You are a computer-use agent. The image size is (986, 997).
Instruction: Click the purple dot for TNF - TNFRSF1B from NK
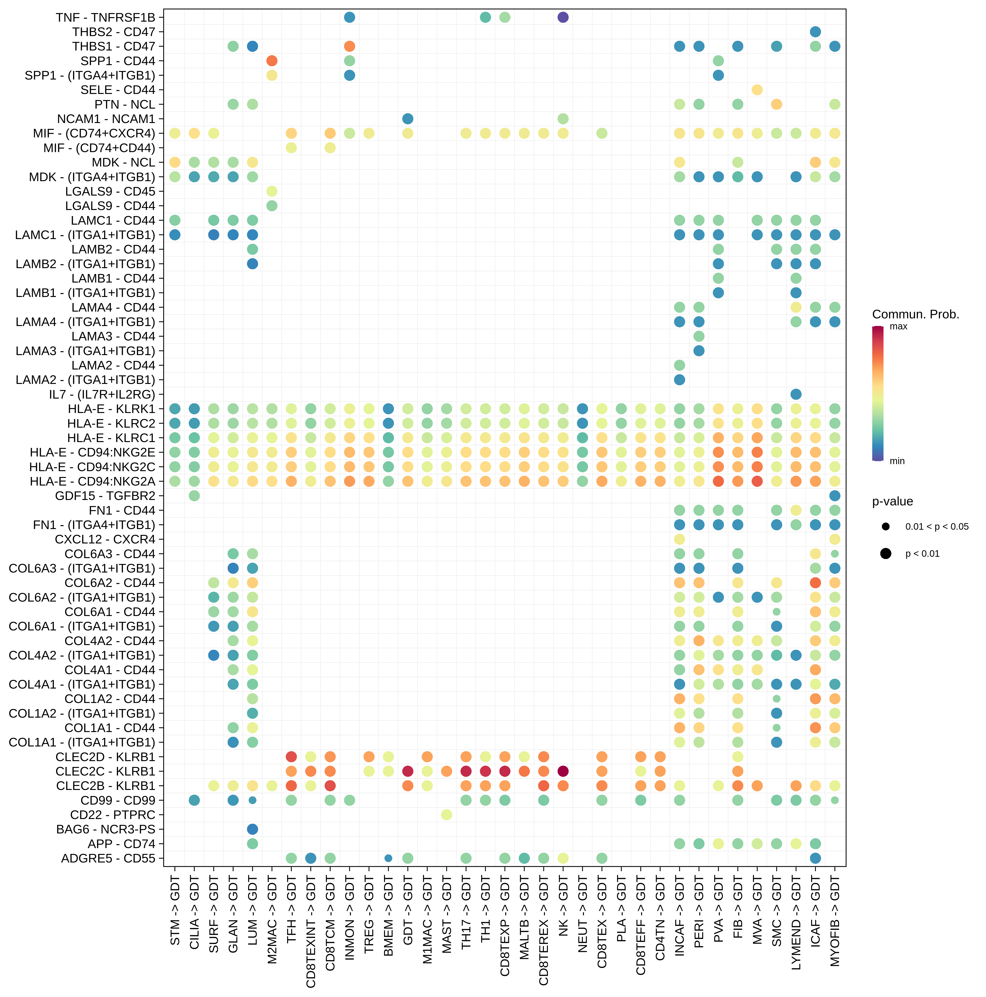click(x=563, y=18)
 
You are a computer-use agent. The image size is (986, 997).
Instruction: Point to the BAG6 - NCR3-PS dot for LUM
click(x=252, y=829)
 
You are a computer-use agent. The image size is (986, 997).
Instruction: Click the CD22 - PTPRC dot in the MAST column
click(x=446, y=815)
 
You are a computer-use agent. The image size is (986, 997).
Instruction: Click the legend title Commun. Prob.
click(x=915, y=314)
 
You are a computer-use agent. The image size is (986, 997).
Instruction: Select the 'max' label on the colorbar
click(x=898, y=327)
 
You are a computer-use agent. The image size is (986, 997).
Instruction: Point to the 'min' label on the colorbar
click(x=897, y=461)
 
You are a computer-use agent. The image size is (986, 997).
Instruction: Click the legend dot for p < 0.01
click(x=886, y=554)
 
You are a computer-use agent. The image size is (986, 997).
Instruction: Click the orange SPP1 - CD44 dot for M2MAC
click(x=272, y=61)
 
